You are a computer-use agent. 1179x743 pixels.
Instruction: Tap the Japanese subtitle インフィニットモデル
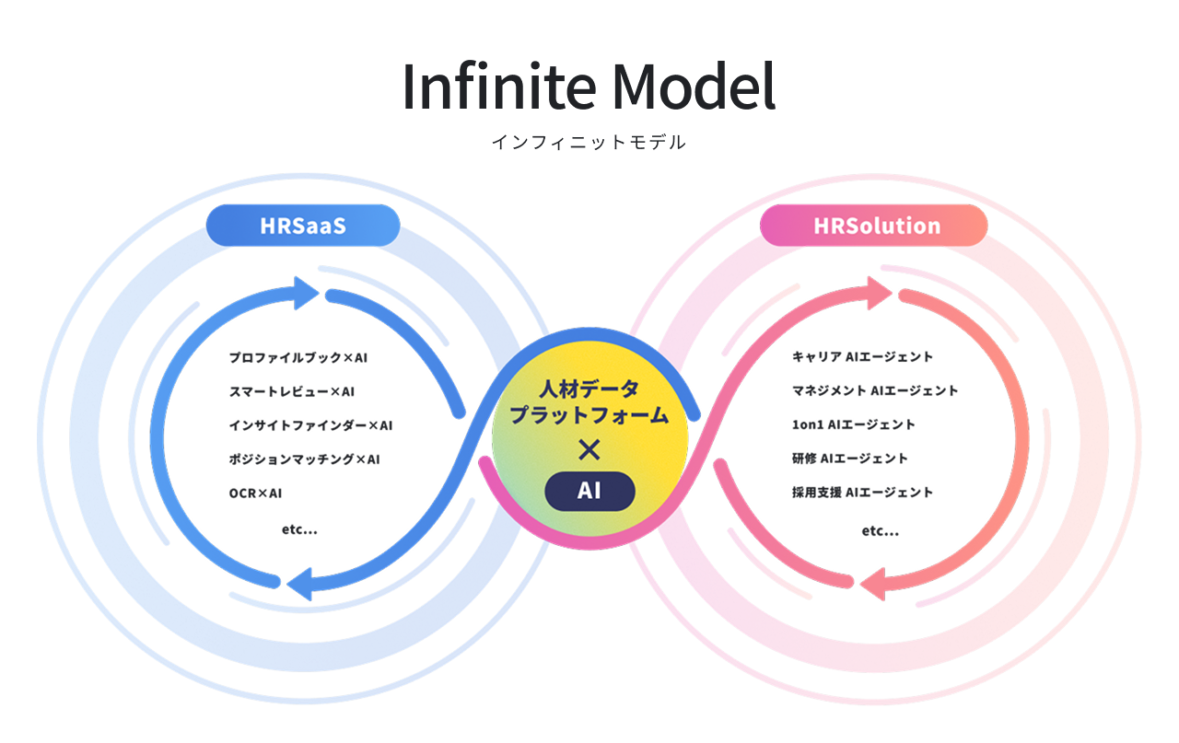point(589,143)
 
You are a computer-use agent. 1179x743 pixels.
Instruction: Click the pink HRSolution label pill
point(876,226)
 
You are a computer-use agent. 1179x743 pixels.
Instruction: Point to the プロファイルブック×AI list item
point(298,357)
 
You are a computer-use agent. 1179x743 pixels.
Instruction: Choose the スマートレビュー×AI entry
point(292,391)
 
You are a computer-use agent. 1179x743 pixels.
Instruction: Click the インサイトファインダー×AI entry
point(310,425)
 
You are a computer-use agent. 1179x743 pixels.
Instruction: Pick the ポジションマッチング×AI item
point(305,459)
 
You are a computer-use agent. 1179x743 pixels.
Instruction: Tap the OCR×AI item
point(256,493)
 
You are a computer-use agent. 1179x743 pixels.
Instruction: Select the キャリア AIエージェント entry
point(863,356)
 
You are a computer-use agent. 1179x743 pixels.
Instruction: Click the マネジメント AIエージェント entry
point(875,390)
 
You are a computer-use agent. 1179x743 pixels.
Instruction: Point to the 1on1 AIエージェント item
point(854,424)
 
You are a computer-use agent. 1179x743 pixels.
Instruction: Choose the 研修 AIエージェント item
point(850,458)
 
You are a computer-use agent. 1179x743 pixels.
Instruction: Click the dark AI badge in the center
point(589,492)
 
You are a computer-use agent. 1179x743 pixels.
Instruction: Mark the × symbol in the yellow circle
point(589,449)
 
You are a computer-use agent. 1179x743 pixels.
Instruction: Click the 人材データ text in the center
point(589,387)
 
